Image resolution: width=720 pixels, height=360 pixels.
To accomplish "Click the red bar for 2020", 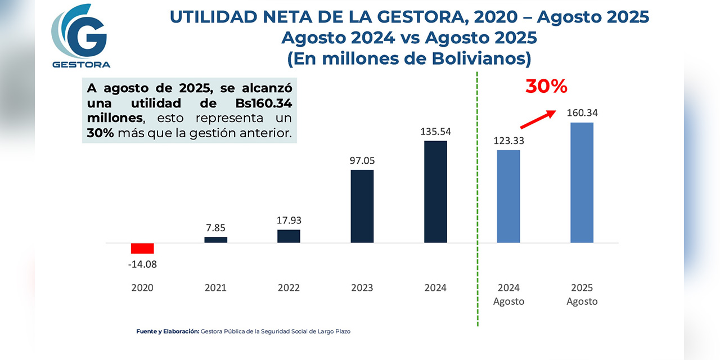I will (142, 248).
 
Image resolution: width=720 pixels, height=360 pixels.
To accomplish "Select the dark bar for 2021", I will (215, 240).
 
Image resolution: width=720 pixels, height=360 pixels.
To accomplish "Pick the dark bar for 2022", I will (289, 236).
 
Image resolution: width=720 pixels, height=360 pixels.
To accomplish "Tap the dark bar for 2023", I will (362, 206).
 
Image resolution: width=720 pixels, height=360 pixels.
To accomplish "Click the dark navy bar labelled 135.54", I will (435, 192).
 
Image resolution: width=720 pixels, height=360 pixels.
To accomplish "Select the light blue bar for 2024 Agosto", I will (508, 196).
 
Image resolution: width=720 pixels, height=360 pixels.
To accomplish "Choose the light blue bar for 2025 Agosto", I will (582, 183).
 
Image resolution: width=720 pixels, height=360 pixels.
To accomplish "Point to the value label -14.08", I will (142, 264).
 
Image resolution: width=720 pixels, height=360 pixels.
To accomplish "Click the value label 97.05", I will (362, 160).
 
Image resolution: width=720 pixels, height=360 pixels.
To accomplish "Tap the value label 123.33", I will (508, 141).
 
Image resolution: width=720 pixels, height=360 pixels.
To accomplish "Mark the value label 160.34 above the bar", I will (582, 112).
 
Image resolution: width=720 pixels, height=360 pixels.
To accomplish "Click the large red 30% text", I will (546, 87).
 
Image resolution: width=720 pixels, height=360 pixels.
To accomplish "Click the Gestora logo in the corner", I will (80, 37).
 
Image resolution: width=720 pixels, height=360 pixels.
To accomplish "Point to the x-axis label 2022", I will (289, 287).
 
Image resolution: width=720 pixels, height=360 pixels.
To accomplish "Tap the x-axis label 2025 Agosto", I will (582, 294).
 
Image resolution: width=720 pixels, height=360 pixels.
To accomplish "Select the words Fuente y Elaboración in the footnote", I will (168, 331).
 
